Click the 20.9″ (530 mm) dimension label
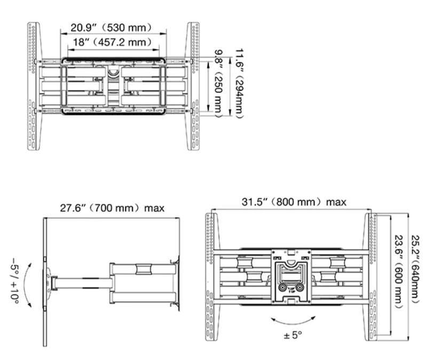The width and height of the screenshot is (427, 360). [111, 28]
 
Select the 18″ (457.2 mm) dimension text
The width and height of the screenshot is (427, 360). [112, 42]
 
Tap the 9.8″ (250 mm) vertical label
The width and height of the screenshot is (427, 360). [218, 84]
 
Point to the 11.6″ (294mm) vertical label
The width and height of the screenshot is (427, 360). [239, 84]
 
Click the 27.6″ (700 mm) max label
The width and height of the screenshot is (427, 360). [112, 208]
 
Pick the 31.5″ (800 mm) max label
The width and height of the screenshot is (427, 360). [294, 202]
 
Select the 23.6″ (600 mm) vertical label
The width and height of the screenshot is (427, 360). [399, 272]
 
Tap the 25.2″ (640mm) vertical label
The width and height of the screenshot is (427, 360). [415, 269]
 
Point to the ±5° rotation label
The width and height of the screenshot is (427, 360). [292, 335]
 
